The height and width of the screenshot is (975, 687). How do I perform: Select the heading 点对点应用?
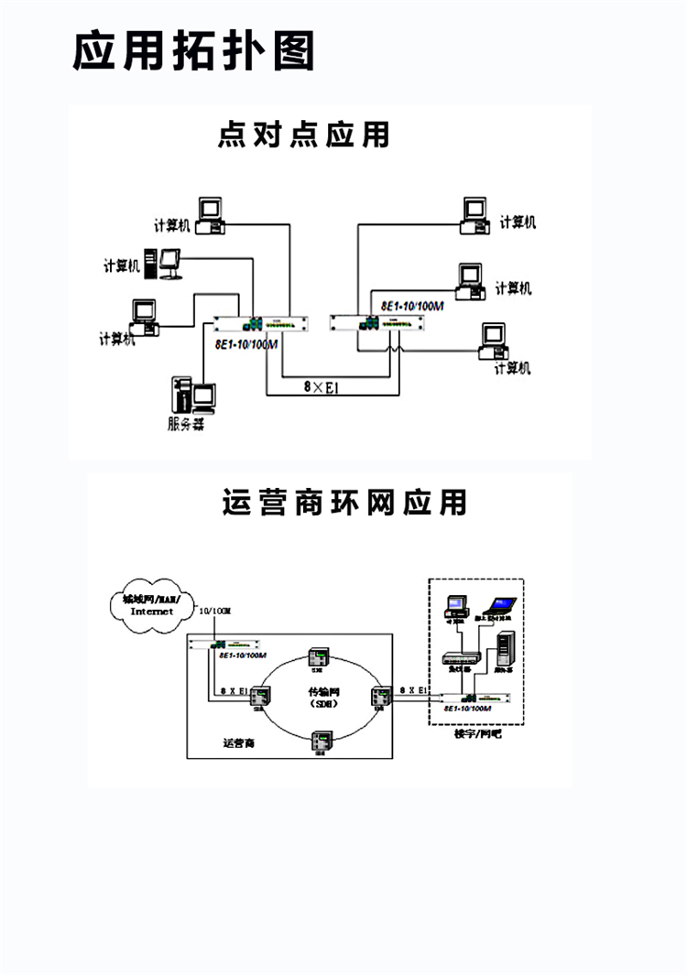coord(303,135)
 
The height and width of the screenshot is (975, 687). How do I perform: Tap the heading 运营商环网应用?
coord(344,503)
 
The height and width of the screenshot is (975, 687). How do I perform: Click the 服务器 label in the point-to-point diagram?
coord(186,424)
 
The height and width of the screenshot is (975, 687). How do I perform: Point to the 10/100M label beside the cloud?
coord(216,611)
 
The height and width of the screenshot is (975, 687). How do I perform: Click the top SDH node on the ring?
coord(319,657)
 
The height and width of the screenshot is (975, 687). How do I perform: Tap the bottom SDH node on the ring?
coord(321,741)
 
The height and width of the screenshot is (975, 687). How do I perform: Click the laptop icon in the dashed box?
coord(500,607)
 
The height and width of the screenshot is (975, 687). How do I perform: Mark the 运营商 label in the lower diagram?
coord(237,743)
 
